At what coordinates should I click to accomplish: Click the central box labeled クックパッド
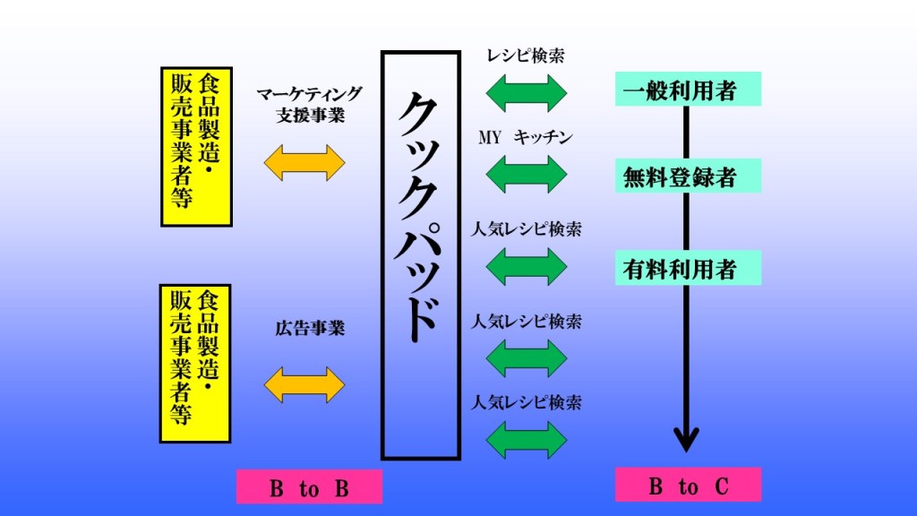[x=420, y=255]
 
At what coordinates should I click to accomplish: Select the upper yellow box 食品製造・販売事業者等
[x=196, y=146]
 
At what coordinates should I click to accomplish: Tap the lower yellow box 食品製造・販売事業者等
[x=196, y=364]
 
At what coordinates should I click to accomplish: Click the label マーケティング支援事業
[x=309, y=105]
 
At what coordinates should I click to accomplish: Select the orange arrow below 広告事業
[x=304, y=383]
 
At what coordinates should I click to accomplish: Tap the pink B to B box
[x=309, y=487]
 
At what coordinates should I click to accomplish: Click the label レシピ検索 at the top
[x=526, y=56]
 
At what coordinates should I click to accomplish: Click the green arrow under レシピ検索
[x=527, y=91]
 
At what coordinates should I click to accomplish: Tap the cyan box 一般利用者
[x=688, y=90]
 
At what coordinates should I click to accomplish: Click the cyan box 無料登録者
[x=688, y=176]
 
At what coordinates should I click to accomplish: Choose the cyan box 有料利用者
[x=688, y=269]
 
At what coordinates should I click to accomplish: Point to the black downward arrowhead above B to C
[x=686, y=440]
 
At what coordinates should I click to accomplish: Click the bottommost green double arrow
[x=527, y=439]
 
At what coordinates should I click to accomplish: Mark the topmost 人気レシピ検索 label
[x=527, y=229]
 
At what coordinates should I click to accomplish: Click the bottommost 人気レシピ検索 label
[x=527, y=401]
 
